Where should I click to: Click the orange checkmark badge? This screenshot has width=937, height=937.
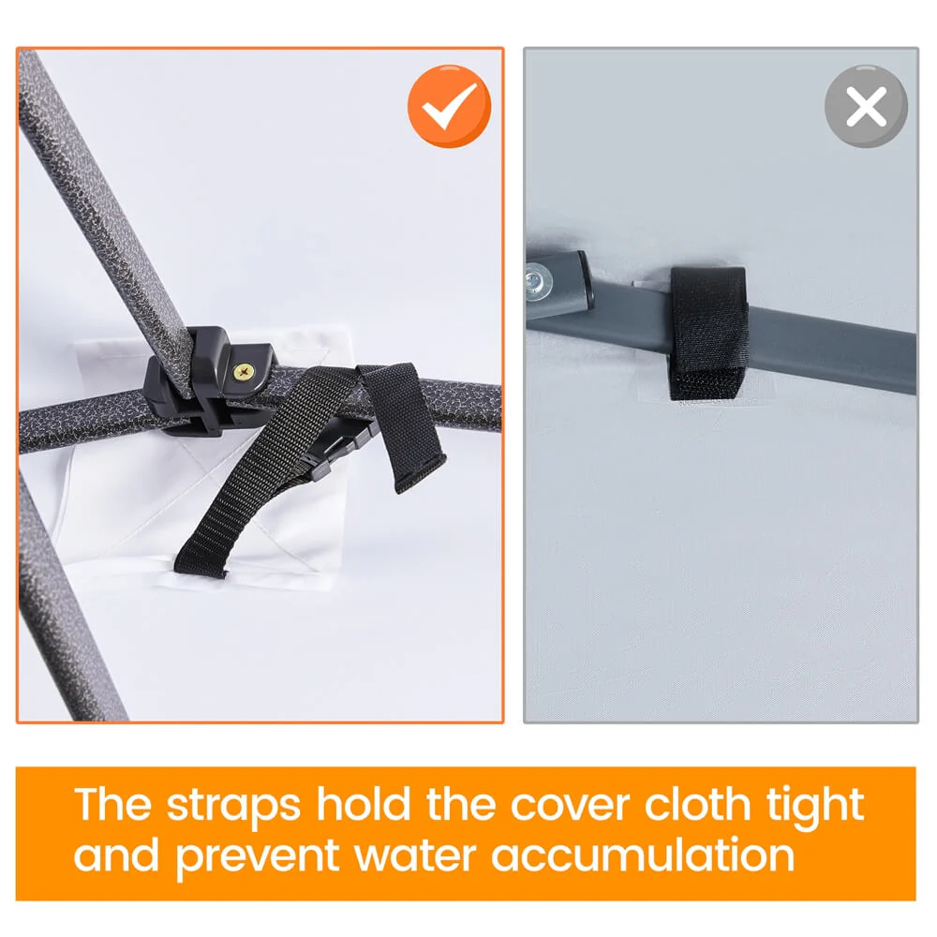[450, 107]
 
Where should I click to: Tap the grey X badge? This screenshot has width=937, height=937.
[866, 107]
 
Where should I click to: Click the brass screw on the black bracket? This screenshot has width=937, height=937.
[243, 372]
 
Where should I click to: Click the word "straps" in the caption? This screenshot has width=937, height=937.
[233, 806]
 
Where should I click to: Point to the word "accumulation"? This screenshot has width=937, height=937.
[643, 855]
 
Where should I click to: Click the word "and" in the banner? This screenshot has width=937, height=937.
[116, 855]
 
